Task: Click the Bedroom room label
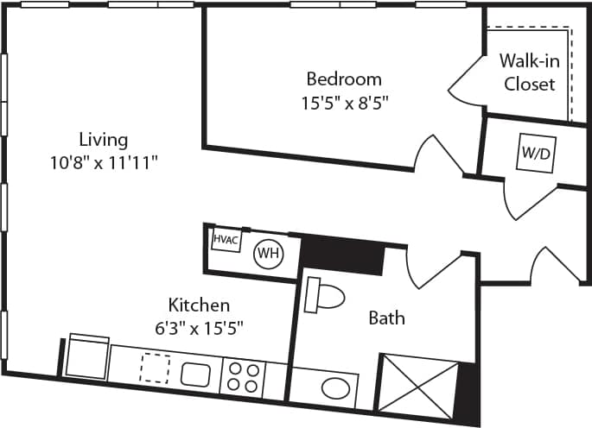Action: (x=344, y=79)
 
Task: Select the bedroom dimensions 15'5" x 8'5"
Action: (x=344, y=104)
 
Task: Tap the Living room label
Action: (x=103, y=139)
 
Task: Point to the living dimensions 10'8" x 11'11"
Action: (x=103, y=161)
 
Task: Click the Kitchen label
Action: (x=198, y=305)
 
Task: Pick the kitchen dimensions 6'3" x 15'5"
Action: (x=198, y=327)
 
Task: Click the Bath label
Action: (x=386, y=318)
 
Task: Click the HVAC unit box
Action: (x=227, y=237)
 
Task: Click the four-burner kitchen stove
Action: (x=243, y=377)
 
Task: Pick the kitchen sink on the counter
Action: (x=195, y=374)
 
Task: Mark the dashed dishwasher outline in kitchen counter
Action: (x=155, y=368)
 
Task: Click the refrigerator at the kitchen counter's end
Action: (x=87, y=356)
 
